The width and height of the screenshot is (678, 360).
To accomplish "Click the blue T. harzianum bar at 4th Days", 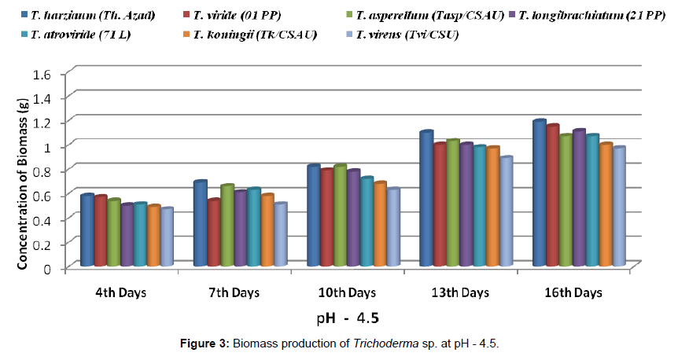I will click(x=87, y=231).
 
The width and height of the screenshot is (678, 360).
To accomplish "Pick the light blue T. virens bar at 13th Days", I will click(x=507, y=212).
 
